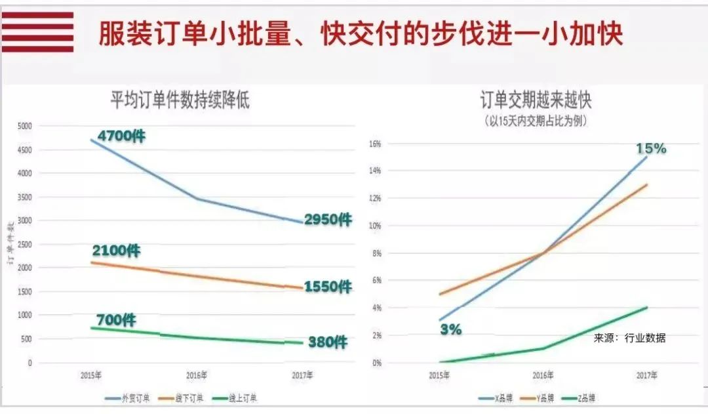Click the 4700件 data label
[121, 136]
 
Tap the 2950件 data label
[328, 220]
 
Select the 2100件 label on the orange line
[116, 251]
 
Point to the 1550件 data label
[328, 287]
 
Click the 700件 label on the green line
[116, 320]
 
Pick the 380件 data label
[328, 342]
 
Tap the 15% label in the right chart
[651, 148]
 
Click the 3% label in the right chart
[450, 329]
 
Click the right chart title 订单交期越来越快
[536, 100]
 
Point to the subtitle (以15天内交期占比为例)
[536, 121]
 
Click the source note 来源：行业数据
[629, 338]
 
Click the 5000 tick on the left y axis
[24, 126]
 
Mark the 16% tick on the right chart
[374, 144]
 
